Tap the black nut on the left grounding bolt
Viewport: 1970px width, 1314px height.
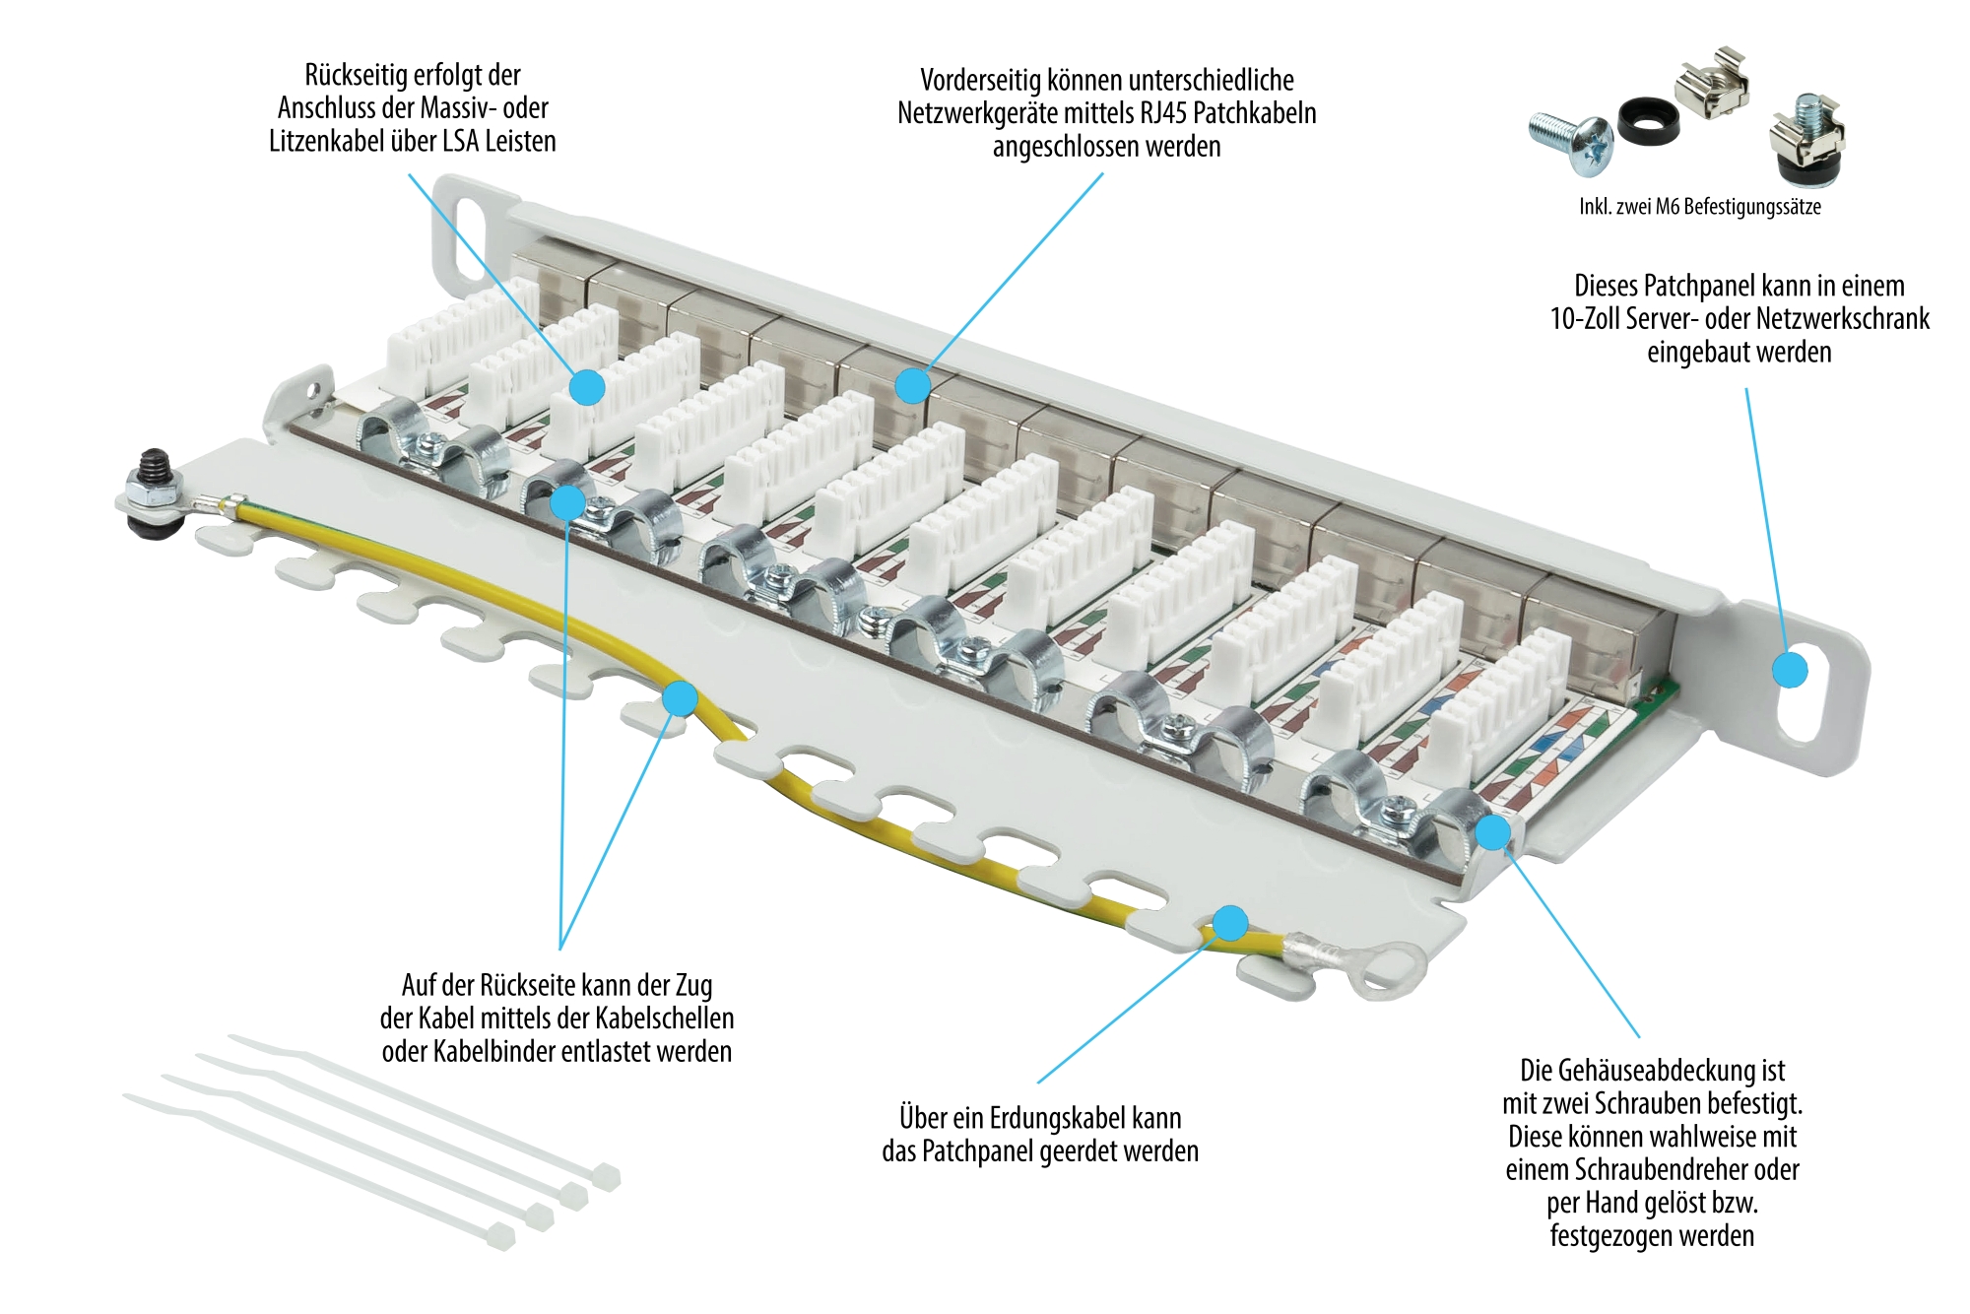pos(153,466)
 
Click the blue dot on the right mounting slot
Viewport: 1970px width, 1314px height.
pos(1790,670)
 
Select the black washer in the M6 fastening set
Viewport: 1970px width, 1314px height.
pos(1646,122)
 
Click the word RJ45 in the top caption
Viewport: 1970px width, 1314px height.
pos(1164,113)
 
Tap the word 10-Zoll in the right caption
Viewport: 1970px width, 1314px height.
pos(1585,319)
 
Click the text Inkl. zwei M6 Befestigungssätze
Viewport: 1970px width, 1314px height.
pos(1699,207)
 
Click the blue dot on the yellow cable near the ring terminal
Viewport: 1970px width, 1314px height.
pos(1230,923)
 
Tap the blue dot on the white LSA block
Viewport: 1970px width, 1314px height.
pos(587,387)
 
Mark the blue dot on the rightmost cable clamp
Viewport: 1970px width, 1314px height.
pos(1493,831)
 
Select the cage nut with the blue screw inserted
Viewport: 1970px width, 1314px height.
pos(1807,140)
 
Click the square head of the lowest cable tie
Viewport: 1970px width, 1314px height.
pos(500,1236)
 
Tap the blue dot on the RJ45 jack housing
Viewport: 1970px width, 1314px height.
pos(913,385)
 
